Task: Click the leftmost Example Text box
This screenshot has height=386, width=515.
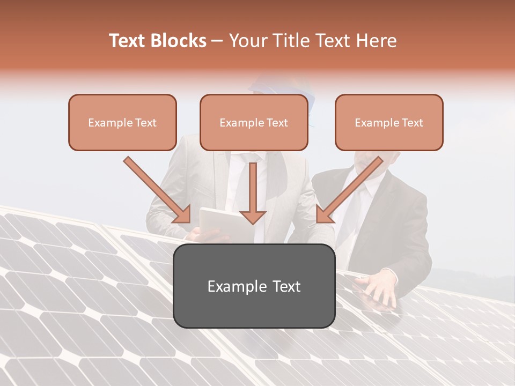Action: point(122,122)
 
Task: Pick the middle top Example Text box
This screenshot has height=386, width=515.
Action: point(254,122)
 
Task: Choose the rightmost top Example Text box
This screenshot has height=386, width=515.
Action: point(389,122)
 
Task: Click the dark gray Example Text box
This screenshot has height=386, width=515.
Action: point(254,286)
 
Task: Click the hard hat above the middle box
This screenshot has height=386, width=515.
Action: point(279,86)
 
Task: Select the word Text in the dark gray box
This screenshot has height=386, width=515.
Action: point(284,286)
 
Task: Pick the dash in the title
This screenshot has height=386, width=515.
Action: point(217,41)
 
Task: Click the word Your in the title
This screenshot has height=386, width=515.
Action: point(247,41)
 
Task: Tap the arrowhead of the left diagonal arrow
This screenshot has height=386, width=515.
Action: point(182,214)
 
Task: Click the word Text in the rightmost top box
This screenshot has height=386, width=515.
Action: point(412,123)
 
